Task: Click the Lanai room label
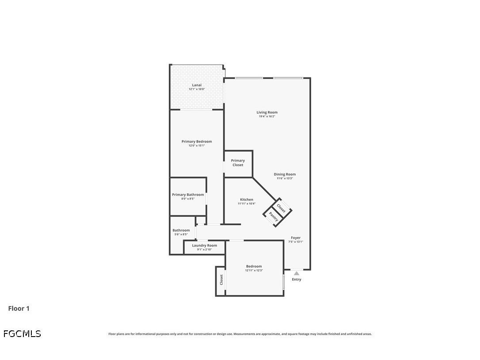click(x=197, y=85)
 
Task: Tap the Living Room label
click(x=267, y=112)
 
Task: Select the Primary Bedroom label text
click(x=197, y=142)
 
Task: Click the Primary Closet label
click(x=238, y=163)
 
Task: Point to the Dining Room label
click(x=285, y=174)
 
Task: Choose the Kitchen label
click(x=247, y=199)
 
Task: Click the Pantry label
click(x=274, y=217)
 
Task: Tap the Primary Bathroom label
click(x=188, y=195)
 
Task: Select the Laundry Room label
click(x=204, y=245)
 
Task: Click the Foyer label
click(x=296, y=238)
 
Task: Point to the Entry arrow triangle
click(x=297, y=273)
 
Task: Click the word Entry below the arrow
click(x=297, y=280)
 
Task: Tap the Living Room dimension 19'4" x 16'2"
click(x=267, y=116)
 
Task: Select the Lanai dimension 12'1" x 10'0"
click(x=197, y=89)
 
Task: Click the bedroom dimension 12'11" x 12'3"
click(x=254, y=270)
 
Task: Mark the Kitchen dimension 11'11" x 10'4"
click(x=247, y=203)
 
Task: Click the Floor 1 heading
click(x=19, y=309)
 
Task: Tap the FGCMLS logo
click(x=22, y=333)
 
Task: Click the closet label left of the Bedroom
click(x=221, y=280)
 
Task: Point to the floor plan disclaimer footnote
click(x=240, y=334)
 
